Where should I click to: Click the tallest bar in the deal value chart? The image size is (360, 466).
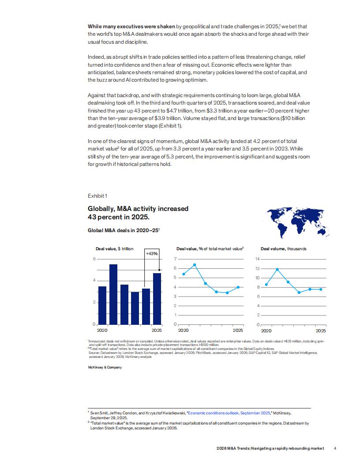(113, 294)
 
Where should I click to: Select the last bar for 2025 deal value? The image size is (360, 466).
(157, 298)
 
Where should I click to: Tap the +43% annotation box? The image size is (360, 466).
(151, 253)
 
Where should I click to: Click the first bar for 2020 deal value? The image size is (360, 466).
(102, 305)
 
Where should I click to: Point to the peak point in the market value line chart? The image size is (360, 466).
(195, 265)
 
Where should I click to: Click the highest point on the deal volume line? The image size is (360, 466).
(277, 269)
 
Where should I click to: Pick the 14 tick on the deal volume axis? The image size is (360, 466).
(257, 259)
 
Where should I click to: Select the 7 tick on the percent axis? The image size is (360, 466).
(176, 259)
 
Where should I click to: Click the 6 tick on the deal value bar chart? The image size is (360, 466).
(94, 259)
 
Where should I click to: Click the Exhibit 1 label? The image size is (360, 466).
(97, 195)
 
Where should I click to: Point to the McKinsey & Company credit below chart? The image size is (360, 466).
(105, 367)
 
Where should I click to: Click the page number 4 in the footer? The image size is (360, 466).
(335, 448)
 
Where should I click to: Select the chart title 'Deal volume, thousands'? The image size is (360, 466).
(283, 249)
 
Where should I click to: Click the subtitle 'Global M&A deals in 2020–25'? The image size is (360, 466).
(123, 230)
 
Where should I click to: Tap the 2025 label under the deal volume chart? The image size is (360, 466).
(321, 330)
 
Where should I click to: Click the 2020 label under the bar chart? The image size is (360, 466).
(102, 330)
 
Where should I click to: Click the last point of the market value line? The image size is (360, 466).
(238, 287)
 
